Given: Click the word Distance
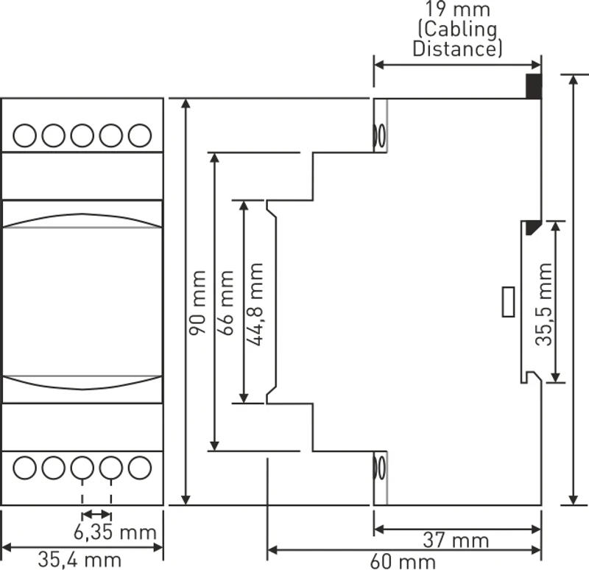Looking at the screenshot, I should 457,49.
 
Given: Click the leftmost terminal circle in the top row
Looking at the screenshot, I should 26,136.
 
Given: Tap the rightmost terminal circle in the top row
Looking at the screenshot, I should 139,136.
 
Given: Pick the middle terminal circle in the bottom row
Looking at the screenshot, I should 82,466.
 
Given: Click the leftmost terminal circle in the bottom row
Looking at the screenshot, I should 26,466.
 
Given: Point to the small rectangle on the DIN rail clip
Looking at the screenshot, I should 508,302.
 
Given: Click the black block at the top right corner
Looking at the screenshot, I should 533,87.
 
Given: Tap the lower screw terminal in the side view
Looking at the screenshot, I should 381,468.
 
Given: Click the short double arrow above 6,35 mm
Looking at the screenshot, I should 96,514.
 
